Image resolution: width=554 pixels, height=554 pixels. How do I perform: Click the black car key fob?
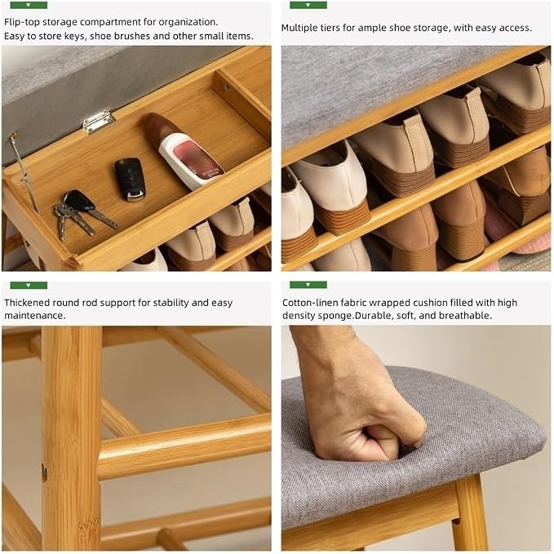pos(130,179)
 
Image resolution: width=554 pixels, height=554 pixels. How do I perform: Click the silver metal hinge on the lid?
pos(98,121)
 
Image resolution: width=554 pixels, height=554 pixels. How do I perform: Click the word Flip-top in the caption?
pos(22,22)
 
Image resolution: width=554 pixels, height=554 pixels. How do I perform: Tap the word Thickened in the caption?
pos(27,303)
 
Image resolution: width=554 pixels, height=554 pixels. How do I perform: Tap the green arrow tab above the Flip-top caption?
pos(29,5)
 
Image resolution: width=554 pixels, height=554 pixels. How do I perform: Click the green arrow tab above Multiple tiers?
pos(308,5)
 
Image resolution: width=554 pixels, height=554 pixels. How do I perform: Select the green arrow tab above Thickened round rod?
pos(29,285)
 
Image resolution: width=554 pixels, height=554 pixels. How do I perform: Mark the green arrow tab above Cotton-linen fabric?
pos(308,285)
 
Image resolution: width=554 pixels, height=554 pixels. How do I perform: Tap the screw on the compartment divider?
pos(227,87)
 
